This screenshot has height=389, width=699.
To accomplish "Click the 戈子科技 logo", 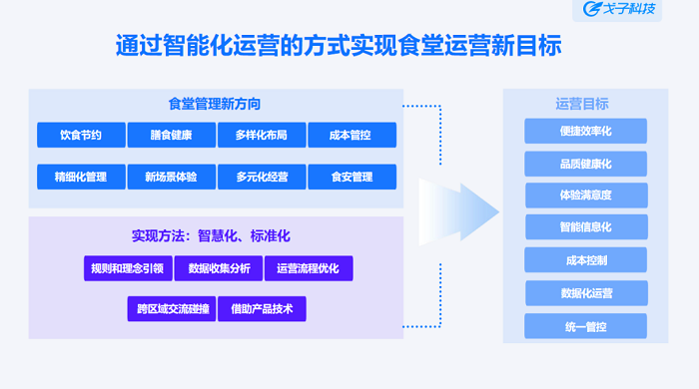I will point(622,11).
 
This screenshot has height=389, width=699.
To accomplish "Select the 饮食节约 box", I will point(81,135).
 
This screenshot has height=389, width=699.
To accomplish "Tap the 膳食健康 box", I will point(172,135).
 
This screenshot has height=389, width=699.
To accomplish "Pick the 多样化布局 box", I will point(262,135).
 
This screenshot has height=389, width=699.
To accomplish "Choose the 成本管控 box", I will point(351,135).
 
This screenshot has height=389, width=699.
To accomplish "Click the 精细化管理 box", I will point(81,177).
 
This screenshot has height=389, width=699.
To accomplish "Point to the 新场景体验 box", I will point(172,177).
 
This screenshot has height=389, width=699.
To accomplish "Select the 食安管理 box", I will point(351,177).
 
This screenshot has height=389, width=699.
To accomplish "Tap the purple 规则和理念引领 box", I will point(127,268).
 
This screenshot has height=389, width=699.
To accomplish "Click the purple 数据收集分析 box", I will point(218,268).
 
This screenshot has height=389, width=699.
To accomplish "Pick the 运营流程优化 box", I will point(309,268).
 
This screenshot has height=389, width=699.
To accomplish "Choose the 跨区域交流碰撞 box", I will point(173,309).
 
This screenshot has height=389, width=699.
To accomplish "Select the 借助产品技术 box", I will point(262,309).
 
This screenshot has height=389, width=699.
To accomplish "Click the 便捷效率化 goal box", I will point(586,131).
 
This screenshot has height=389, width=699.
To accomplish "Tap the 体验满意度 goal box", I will point(586,195).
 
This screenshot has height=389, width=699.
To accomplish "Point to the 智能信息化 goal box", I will point(586,227).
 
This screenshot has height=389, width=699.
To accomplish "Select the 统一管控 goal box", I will point(586,326).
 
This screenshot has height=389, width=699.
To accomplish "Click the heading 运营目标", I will point(582,103).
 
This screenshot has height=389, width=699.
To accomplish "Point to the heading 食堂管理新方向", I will point(216,103).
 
